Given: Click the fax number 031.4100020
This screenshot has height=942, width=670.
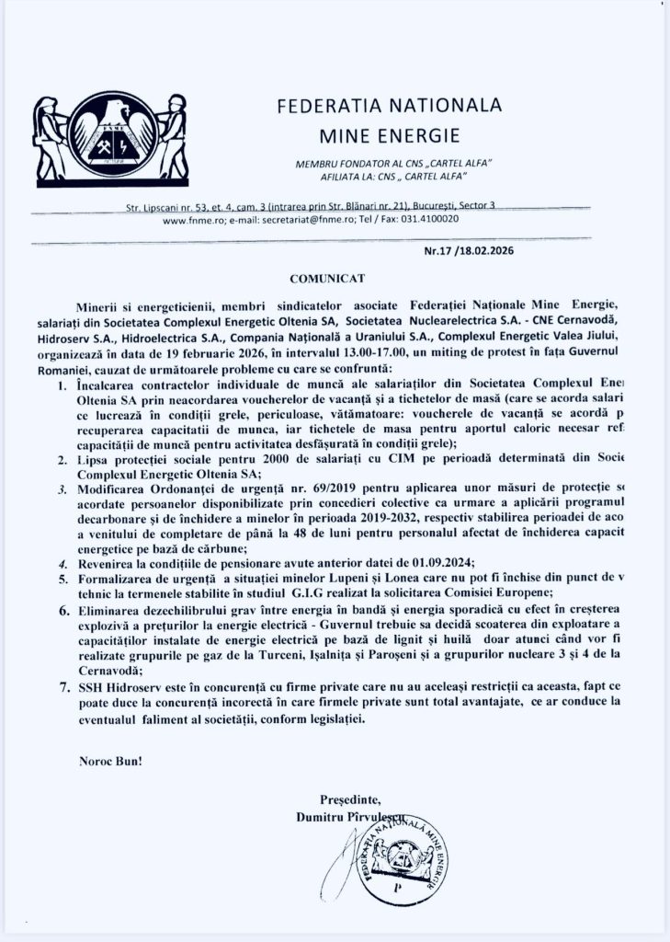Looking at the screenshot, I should coord(430,221).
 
